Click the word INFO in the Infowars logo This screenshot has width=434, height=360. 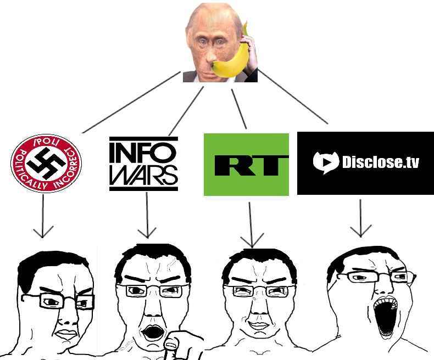[143, 151]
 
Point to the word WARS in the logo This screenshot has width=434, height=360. [143, 175]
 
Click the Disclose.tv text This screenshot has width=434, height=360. [381, 162]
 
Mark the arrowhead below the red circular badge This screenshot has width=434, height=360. [43, 232]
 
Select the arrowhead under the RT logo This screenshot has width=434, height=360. [252, 241]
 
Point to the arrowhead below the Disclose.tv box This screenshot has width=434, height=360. [360, 231]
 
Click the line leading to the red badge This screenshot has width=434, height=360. [131, 102]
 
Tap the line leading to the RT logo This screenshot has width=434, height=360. [239, 109]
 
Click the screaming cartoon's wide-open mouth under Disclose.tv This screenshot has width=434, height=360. [385, 314]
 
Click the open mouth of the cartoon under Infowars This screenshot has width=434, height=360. [152, 331]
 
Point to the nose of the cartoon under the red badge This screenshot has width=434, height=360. [66, 319]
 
